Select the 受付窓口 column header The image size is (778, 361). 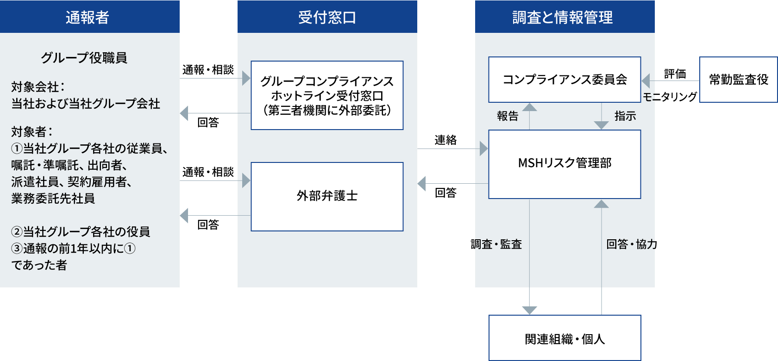coord(327,17)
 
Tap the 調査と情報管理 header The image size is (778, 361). coord(565,17)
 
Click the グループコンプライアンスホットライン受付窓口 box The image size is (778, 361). coord(327,95)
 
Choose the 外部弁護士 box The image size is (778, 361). coord(327,196)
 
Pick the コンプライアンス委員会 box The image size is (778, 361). coord(565,80)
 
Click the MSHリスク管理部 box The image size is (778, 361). coord(565,164)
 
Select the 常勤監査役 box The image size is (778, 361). coord(738,80)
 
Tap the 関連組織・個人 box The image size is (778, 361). coord(565,338)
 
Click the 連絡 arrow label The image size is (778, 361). coord(445,140)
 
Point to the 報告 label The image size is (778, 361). coord(508,116)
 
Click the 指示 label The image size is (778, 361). coord(625,116)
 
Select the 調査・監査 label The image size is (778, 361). coord(496,244)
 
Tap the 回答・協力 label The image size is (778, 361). coord(632,244)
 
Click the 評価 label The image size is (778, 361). coord(675,74)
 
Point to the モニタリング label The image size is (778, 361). coord(670,96)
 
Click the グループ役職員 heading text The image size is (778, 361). coord(84,57)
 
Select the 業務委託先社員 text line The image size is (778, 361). coord(53,198)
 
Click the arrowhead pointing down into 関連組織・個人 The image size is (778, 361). coord(529,310)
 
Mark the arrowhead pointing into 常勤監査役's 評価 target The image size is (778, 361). coord(646,81)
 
